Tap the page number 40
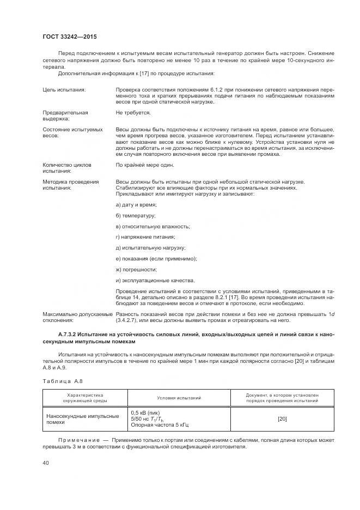point(46,463)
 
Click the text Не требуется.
point(133,112)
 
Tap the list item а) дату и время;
point(136,204)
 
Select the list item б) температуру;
point(136,215)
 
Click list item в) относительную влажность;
point(153,226)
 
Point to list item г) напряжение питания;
point(145,237)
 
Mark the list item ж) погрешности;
point(136,269)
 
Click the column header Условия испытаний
point(179,398)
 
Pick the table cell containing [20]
point(282,418)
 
